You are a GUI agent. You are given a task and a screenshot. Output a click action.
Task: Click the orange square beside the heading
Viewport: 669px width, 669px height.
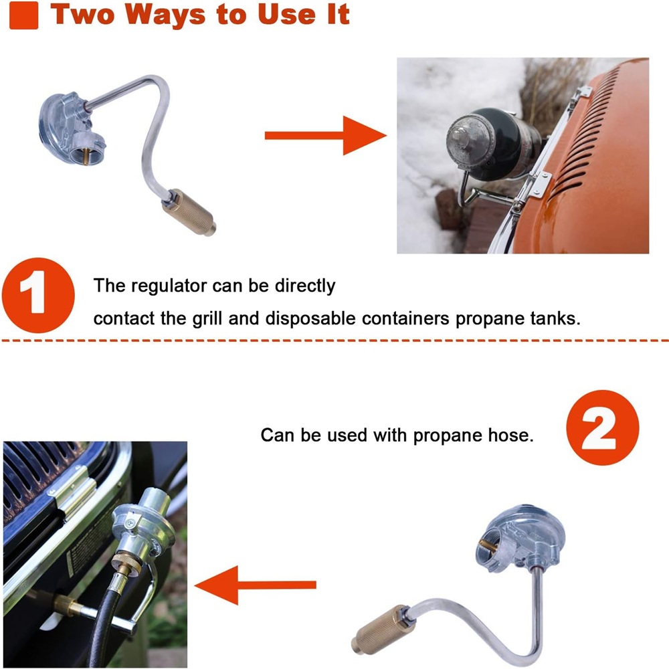click(23, 15)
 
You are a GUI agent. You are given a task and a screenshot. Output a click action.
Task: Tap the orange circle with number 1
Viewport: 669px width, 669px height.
click(38, 295)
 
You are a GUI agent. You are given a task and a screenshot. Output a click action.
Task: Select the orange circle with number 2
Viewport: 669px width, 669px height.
click(603, 427)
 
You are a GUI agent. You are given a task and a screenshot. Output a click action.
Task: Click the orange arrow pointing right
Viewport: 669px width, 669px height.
click(326, 135)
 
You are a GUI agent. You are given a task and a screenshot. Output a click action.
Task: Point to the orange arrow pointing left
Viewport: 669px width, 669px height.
click(255, 585)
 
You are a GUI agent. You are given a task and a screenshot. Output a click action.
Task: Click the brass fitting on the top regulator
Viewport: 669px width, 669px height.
click(189, 212)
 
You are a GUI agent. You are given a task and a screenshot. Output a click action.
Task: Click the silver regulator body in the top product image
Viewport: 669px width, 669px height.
click(71, 126)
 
